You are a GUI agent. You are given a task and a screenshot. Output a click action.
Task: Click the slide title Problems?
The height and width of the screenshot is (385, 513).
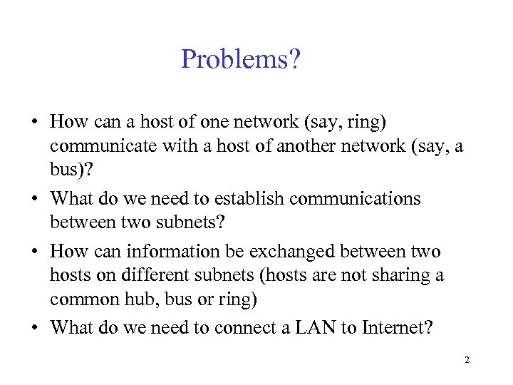point(241,59)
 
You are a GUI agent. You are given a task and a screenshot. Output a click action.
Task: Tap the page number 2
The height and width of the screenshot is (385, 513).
point(467,360)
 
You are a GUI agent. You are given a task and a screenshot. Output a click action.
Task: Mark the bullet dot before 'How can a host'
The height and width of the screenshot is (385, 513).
point(33,123)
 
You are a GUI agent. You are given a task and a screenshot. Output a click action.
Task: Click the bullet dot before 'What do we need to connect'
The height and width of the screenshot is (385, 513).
point(33,328)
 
